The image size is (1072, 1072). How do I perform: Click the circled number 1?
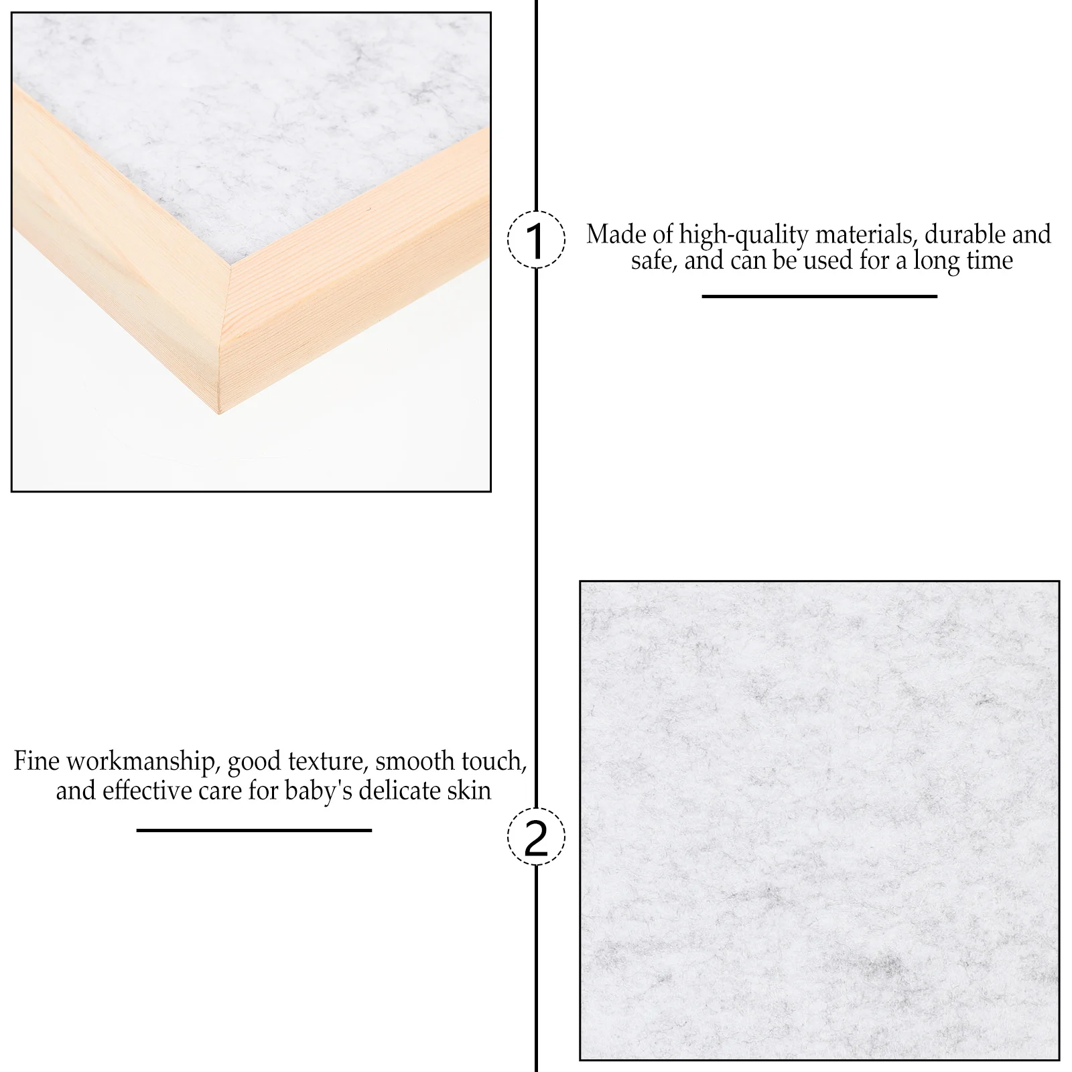pos(535,239)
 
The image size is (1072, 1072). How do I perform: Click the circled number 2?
pos(535,836)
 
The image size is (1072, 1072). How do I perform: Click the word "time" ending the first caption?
pos(990,260)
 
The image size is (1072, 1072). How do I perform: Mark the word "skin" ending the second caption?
pos(473,791)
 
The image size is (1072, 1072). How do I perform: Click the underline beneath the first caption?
pos(819,296)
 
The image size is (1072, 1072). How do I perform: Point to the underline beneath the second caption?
pos(254,831)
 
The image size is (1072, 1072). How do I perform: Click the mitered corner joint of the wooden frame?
pos(225,335)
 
